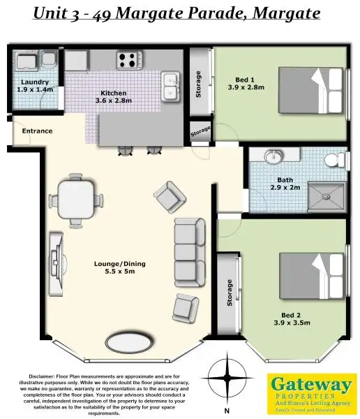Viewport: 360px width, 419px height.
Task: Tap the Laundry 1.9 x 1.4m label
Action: [x=35, y=86]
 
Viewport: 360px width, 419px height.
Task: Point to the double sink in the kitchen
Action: [x=170, y=87]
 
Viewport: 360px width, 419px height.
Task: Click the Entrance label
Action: [x=37, y=131]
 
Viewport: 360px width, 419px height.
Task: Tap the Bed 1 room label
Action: [x=242, y=83]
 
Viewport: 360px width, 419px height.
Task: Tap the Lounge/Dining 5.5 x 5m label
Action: [x=114, y=267]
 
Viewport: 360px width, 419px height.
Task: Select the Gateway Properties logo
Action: [x=312, y=392]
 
